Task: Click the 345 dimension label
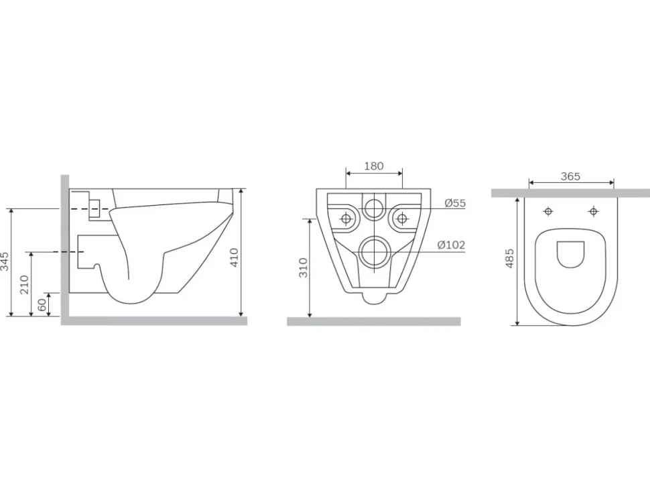click(x=5, y=261)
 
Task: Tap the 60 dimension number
click(x=42, y=305)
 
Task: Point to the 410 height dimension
click(x=235, y=257)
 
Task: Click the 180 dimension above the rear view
click(x=374, y=166)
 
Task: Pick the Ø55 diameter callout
click(x=455, y=203)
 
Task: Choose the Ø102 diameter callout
click(x=452, y=245)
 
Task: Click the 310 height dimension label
click(x=304, y=267)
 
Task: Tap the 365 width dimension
click(x=570, y=176)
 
